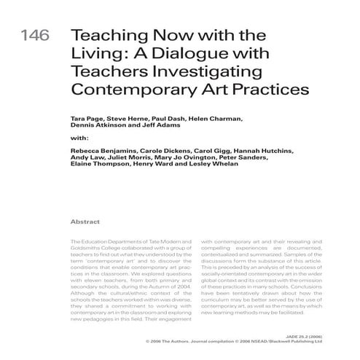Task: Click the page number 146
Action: (x=34, y=37)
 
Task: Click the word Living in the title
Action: (x=93, y=55)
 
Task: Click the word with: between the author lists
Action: (x=79, y=138)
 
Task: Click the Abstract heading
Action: (x=85, y=221)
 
